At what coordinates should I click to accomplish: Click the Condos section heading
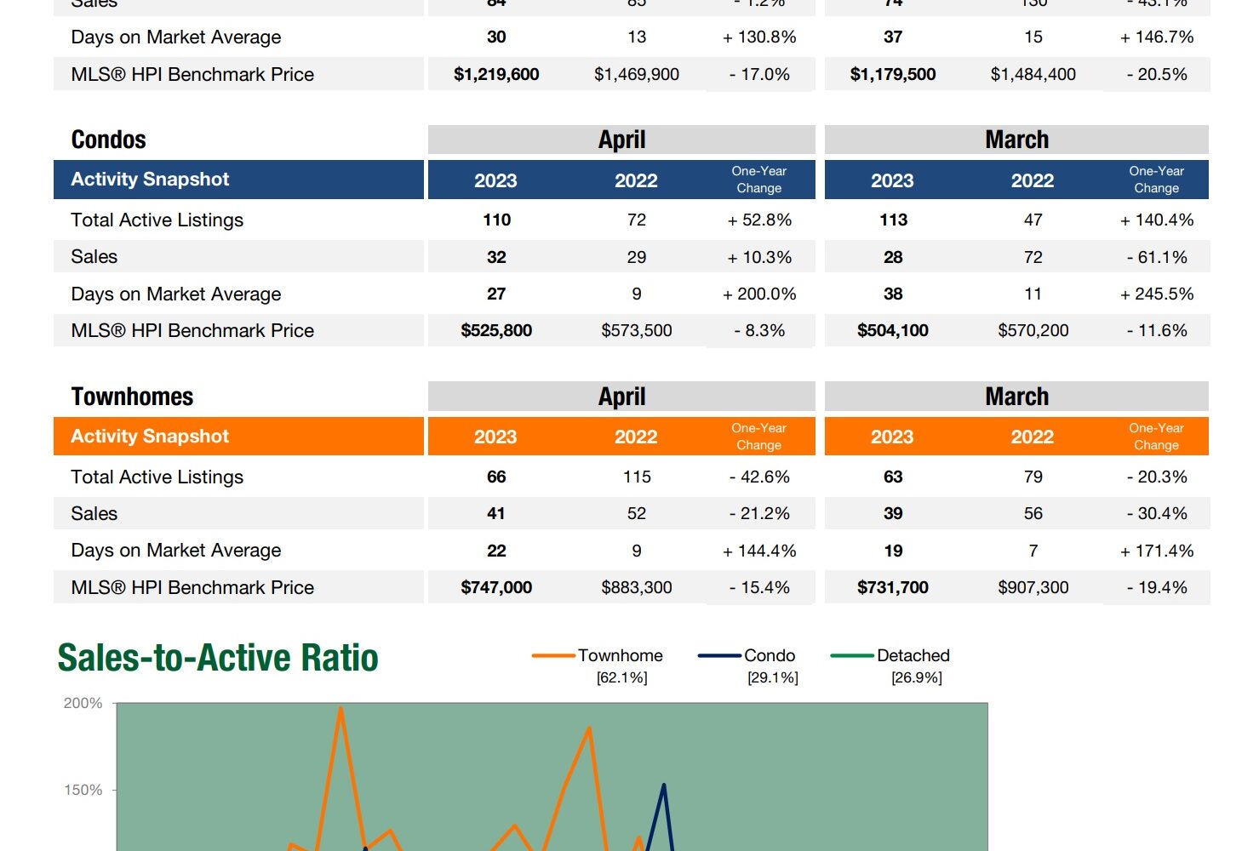click(109, 140)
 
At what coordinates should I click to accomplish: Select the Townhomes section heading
click(132, 397)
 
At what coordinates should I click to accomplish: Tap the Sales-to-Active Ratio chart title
click(218, 658)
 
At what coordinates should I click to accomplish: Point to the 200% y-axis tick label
click(83, 704)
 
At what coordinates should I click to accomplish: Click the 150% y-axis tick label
click(83, 790)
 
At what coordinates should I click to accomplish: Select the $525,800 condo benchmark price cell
click(496, 330)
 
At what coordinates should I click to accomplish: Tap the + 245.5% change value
click(1157, 294)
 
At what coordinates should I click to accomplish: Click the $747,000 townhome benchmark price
click(496, 587)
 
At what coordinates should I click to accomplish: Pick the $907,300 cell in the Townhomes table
click(1033, 587)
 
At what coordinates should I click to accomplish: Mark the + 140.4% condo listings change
click(1157, 220)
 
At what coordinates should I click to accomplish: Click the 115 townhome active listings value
click(637, 477)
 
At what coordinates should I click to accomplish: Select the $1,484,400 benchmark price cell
click(1033, 74)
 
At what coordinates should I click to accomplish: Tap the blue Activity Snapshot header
click(150, 180)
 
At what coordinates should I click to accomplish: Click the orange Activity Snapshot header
click(150, 437)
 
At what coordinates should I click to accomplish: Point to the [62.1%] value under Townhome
click(621, 677)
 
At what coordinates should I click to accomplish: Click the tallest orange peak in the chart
click(341, 709)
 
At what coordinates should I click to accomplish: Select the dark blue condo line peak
click(664, 785)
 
